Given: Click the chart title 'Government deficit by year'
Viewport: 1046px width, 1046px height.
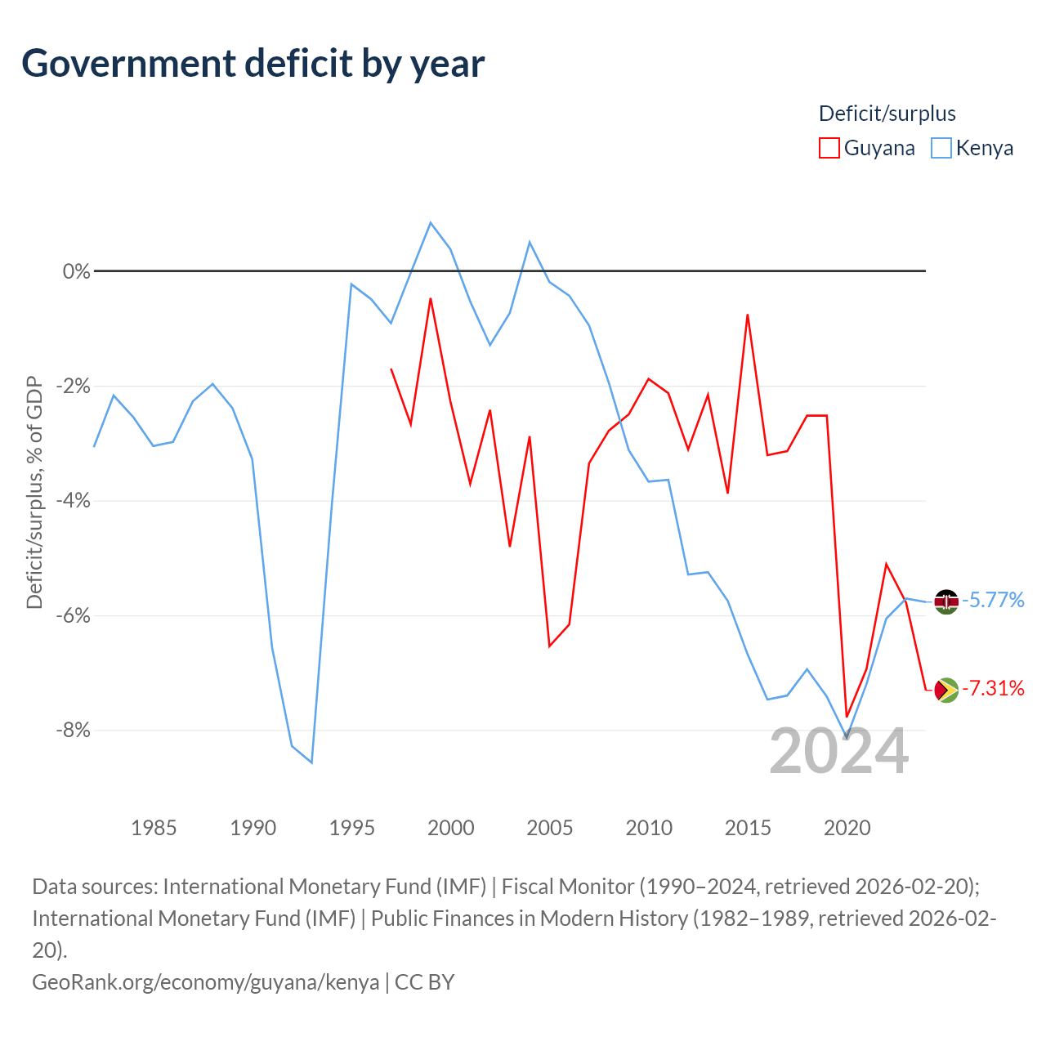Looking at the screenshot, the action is point(253,64).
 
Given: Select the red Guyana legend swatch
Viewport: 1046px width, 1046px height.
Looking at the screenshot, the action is point(829,148).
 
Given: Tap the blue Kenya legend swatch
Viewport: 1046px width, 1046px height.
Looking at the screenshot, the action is point(941,148).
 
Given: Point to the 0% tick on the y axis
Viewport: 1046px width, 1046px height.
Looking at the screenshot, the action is point(77,270).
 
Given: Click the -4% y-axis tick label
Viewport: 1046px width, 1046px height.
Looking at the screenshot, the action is point(74,500).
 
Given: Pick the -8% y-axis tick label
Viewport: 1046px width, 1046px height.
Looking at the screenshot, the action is point(74,730).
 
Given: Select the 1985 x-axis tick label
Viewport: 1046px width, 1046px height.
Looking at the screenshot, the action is point(154,828).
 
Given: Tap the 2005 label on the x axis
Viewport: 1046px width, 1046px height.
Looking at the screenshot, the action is point(549,828).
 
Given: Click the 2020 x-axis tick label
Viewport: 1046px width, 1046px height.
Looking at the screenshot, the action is point(847,828).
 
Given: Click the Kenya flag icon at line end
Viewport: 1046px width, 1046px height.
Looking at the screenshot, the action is point(946,601).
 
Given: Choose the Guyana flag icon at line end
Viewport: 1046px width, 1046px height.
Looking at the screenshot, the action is point(946,690).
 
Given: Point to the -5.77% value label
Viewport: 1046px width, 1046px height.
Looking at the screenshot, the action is point(993,601).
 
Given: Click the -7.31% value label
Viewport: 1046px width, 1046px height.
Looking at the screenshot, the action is point(993,688).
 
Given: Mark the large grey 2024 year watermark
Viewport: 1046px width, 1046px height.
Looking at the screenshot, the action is point(838,751).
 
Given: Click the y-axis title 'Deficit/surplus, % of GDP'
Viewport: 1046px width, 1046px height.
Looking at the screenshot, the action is point(35,492).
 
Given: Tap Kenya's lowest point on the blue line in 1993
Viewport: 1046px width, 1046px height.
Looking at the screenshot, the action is point(311,762).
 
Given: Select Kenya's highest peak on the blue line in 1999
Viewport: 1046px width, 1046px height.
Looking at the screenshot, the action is point(431,222).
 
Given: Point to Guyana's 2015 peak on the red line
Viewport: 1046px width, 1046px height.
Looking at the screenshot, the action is point(748,315).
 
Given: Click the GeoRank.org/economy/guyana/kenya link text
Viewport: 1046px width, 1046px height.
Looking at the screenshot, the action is point(206,982).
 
